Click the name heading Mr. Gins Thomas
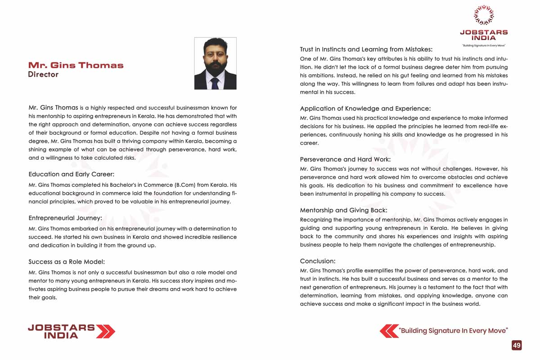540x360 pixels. (76, 65)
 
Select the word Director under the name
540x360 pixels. (43, 75)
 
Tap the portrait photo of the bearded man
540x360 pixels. (215, 63)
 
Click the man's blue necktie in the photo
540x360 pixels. (215, 83)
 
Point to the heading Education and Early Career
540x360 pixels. (72, 174)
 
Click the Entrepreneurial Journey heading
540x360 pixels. (65, 218)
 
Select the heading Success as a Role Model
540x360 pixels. (66, 261)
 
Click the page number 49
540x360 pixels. (517, 345)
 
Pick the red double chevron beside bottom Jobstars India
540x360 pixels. (106, 331)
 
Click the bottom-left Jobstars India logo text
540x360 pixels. (61, 331)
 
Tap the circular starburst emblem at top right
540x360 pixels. (484, 15)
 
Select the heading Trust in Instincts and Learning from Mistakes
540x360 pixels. (366, 49)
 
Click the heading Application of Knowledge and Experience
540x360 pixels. (365, 108)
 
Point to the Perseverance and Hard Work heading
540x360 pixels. (345, 159)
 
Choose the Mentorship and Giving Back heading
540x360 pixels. (343, 210)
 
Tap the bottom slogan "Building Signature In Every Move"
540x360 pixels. (453, 331)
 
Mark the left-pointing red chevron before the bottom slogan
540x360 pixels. (389, 331)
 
